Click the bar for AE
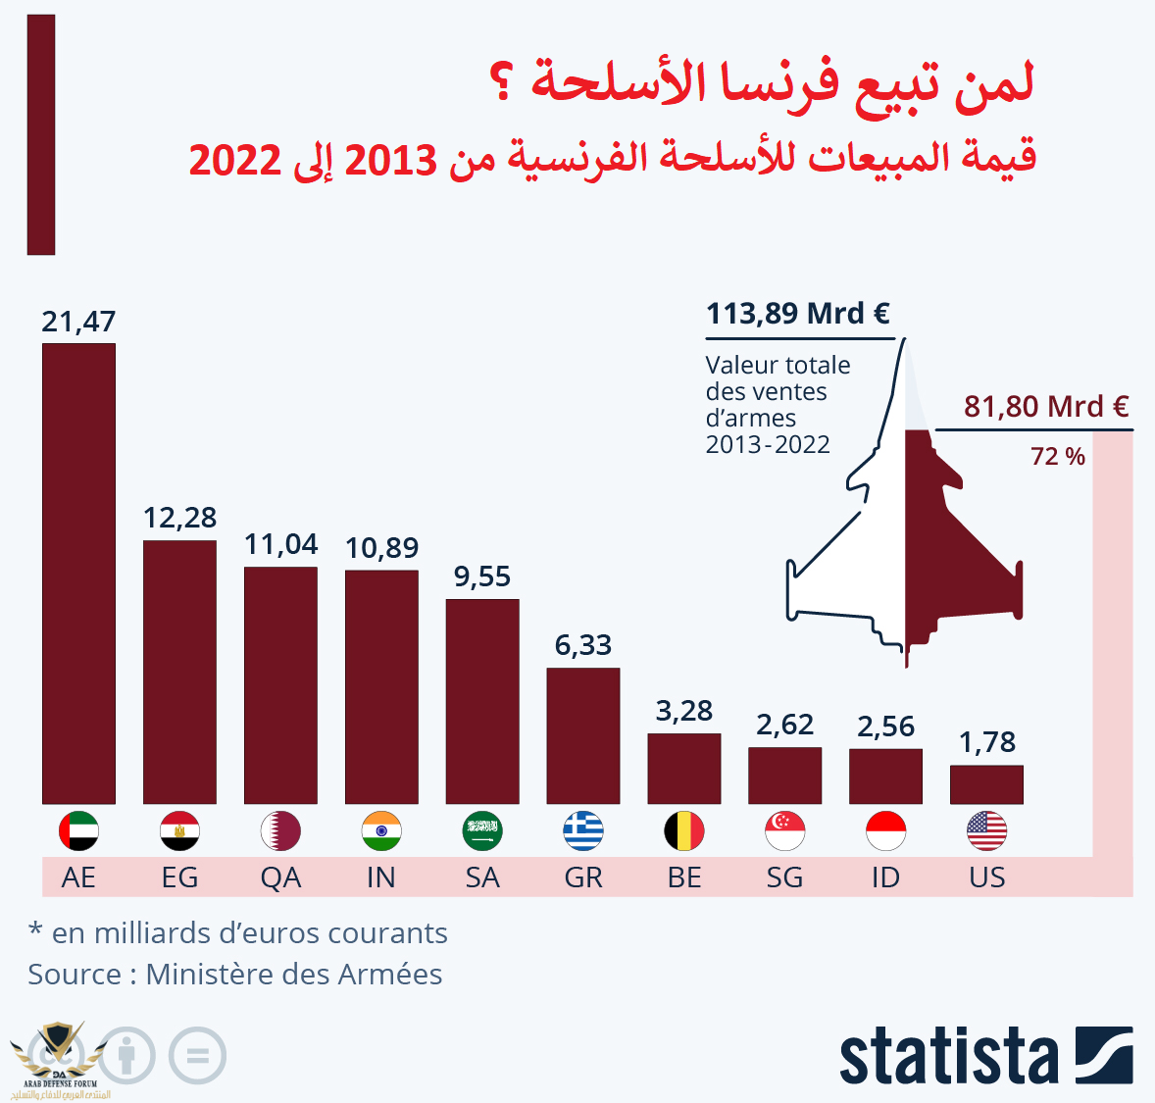(78, 574)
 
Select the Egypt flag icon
(179, 831)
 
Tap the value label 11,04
(280, 544)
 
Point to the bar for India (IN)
(381, 686)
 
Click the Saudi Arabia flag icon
(482, 831)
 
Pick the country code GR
(583, 877)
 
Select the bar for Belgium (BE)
(684, 769)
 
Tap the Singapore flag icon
(785, 831)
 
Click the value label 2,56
(885, 727)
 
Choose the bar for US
(986, 784)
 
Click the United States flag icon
(986, 831)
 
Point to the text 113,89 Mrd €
(798, 314)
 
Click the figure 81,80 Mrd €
(1046, 406)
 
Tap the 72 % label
(1058, 457)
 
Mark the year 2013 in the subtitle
(390, 160)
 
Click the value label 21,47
(78, 322)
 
